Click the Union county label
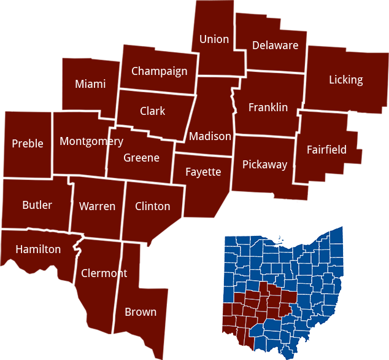coord(214,39)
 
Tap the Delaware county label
coord(275,45)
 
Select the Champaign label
coord(159,71)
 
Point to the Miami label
coord(90,84)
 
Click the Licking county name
coord(345,80)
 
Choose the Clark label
coord(152,111)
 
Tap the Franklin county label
coord(268,108)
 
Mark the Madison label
coord(210,136)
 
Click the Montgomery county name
coord(91,142)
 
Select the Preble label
coord(28,144)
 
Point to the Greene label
coord(141,158)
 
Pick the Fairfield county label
coord(326,150)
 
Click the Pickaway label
coord(264,165)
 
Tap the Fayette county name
coord(203,172)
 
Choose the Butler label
coord(37,205)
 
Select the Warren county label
coord(97,206)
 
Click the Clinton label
coord(152,206)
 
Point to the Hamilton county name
coord(38,249)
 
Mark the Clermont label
coord(104,273)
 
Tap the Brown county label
coord(141,312)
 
